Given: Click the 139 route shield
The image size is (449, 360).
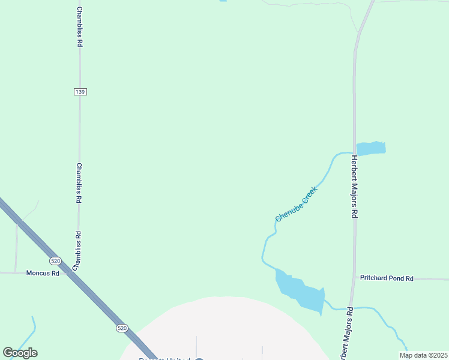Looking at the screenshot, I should click(x=80, y=91).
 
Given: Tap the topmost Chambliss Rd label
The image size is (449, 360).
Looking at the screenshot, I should click(x=79, y=27).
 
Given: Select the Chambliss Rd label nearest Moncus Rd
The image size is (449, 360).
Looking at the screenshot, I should click(x=77, y=250).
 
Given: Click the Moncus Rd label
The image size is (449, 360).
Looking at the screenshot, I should click(x=43, y=273).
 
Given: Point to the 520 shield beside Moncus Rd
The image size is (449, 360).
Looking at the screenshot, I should click(x=55, y=261).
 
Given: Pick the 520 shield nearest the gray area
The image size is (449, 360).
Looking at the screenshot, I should click(x=122, y=328).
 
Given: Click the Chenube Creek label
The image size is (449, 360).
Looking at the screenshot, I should click(x=295, y=203).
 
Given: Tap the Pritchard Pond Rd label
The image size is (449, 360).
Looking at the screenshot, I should click(x=387, y=278).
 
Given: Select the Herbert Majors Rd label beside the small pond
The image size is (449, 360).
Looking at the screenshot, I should click(x=354, y=187).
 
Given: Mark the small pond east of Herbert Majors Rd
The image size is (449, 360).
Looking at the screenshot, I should click(x=370, y=148).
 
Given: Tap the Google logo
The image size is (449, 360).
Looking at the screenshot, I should click(x=20, y=353).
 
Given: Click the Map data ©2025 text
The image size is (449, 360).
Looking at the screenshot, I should click(x=423, y=355).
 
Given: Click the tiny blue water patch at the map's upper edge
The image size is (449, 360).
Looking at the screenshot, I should click(x=223, y=1).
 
